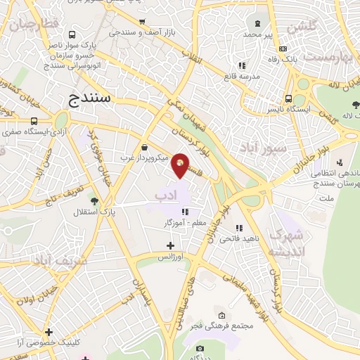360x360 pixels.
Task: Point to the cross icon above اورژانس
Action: (170, 245)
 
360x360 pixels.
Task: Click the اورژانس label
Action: (169, 257)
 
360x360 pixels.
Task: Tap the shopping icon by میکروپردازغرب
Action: (144, 148)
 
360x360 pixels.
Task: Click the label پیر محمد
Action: (257, 34)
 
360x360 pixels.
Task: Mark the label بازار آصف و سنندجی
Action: (140, 32)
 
